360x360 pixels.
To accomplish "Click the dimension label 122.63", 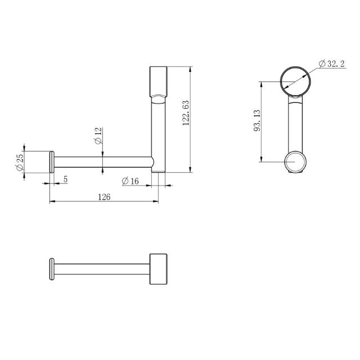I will tap(186, 115).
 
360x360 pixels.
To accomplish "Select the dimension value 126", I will tap(105, 197).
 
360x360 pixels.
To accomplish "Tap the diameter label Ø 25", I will tap(20, 163).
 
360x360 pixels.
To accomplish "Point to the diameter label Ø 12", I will tap(98, 136).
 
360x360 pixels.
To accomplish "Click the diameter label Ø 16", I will tap(130, 181).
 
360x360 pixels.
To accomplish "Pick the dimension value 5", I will tap(65, 179).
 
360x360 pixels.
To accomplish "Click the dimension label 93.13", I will tap(258, 120).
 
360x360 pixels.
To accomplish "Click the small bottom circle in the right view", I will tap(296, 162).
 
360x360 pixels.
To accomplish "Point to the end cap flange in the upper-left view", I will tap(52, 162).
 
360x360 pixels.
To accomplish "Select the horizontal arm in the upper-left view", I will tap(101, 162).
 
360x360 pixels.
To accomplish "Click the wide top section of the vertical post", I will tap(158, 82).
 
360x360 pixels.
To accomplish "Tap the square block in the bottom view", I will tap(158, 269).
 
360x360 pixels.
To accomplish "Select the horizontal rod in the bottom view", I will tap(101, 269).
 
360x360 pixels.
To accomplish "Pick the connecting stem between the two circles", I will tap(295, 124).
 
